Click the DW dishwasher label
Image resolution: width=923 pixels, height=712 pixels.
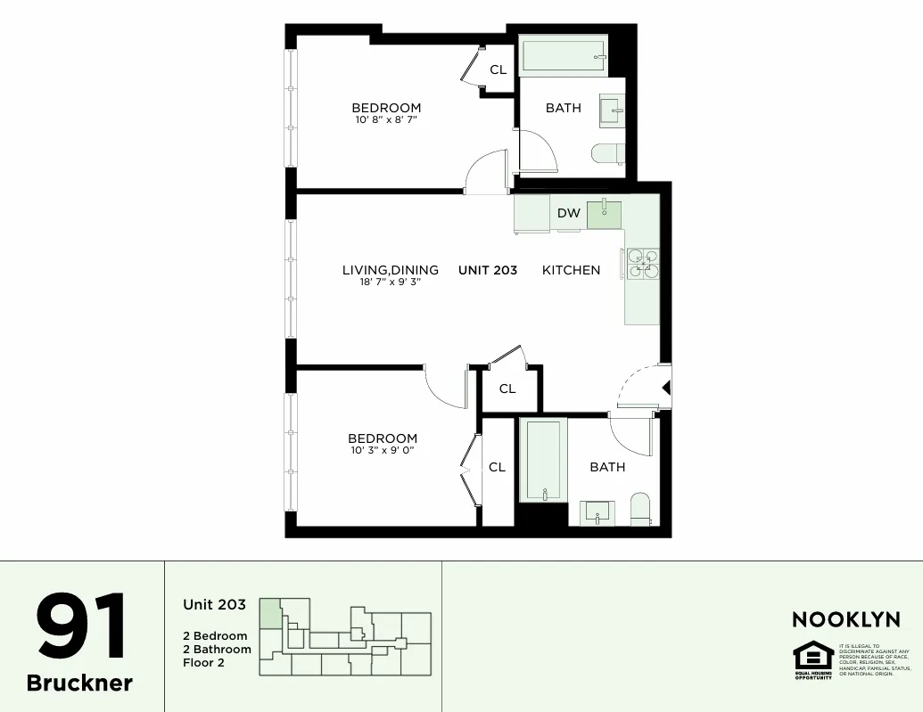coord(569,213)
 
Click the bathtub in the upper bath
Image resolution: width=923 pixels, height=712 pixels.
coord(564,56)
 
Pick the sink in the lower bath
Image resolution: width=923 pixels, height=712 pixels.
coord(597,512)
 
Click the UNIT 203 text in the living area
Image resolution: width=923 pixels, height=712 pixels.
coord(488,270)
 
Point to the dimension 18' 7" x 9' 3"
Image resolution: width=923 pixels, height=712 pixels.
coord(383,282)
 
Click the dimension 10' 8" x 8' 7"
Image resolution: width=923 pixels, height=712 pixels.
coord(385,119)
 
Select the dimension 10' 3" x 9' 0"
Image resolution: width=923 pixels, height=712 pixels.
coord(383,450)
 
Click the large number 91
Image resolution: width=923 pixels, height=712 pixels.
coord(82,627)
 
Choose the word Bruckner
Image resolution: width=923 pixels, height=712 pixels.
coord(79,683)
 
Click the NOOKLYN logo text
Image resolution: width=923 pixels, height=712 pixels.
coord(845,619)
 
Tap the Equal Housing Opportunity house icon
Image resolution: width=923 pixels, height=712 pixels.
coord(812,657)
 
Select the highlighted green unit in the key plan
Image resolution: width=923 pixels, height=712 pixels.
coord(268,615)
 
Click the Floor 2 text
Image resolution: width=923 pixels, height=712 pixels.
coord(203,663)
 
